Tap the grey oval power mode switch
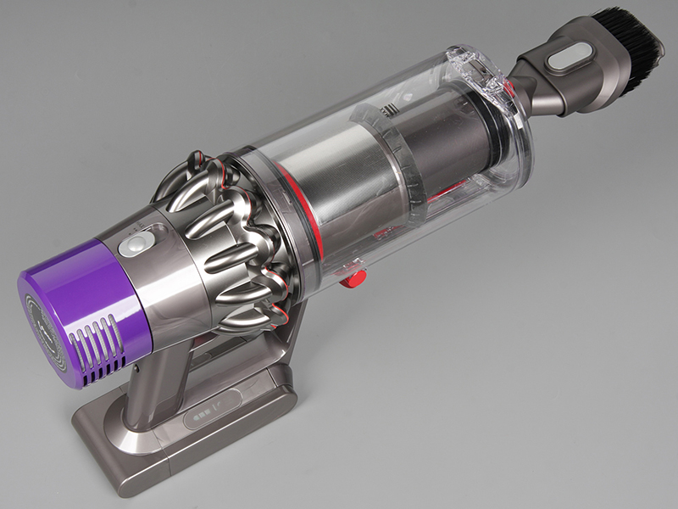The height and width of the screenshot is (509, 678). tap(132, 246)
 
